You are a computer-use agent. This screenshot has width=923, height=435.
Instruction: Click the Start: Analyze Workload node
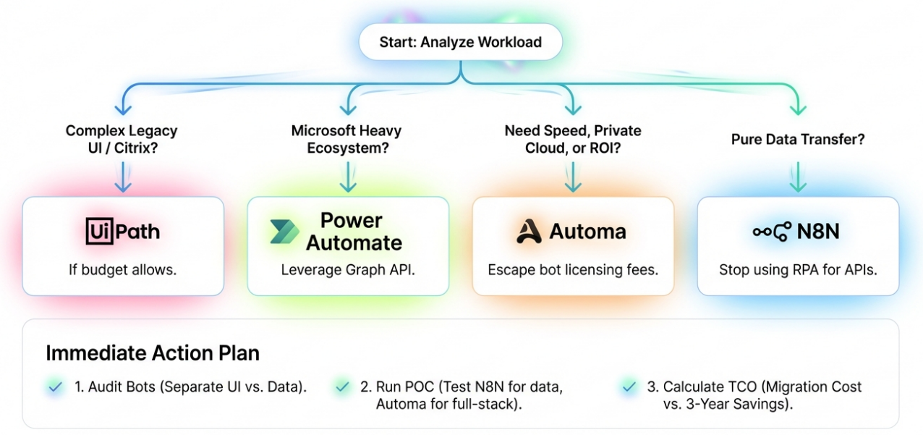(x=461, y=42)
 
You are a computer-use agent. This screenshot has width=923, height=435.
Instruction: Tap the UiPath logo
(x=122, y=232)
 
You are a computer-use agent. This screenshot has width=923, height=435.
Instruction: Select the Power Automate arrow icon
(x=284, y=232)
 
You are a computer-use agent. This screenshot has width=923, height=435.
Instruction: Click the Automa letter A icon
(x=529, y=232)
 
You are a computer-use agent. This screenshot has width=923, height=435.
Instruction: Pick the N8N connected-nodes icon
(x=771, y=232)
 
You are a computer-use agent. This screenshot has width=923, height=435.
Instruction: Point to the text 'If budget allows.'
(x=122, y=270)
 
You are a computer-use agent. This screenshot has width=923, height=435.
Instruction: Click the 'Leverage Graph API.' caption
(x=347, y=270)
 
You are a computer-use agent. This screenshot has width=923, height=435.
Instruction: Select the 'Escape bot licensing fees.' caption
(x=572, y=270)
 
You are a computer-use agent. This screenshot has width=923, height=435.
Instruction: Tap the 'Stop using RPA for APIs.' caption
(x=797, y=270)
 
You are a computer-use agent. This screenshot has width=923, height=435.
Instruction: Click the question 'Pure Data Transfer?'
(x=797, y=140)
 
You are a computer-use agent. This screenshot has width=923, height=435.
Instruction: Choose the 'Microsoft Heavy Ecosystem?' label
(x=346, y=140)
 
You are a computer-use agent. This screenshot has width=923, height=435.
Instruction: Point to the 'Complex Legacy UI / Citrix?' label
(x=122, y=140)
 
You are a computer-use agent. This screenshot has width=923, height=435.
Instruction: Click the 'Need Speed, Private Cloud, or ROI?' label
(x=572, y=140)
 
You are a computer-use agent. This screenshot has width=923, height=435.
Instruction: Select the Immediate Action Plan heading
(x=153, y=353)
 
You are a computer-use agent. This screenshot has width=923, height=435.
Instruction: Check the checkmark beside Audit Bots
(x=54, y=387)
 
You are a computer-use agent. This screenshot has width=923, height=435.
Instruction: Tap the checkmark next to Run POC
(x=343, y=387)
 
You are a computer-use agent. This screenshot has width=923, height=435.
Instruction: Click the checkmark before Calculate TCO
(x=629, y=387)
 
